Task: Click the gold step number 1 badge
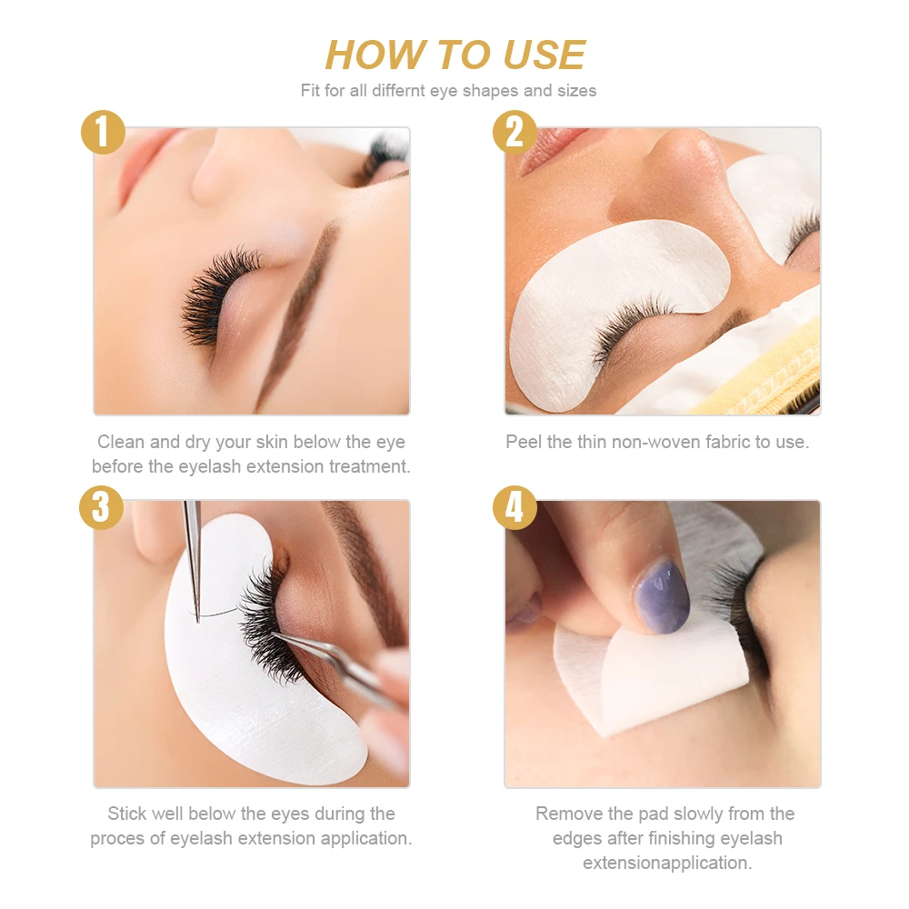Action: tap(103, 132)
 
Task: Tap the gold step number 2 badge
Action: tap(514, 132)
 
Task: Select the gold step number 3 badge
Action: tap(101, 507)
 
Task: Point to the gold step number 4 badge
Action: tap(514, 507)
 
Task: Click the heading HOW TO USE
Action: tap(454, 55)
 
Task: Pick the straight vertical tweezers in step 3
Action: tap(193, 554)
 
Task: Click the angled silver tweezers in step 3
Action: tap(336, 664)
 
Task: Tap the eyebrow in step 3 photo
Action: tap(364, 564)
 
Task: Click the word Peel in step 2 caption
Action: tap(524, 442)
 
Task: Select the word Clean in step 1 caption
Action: tap(121, 442)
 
